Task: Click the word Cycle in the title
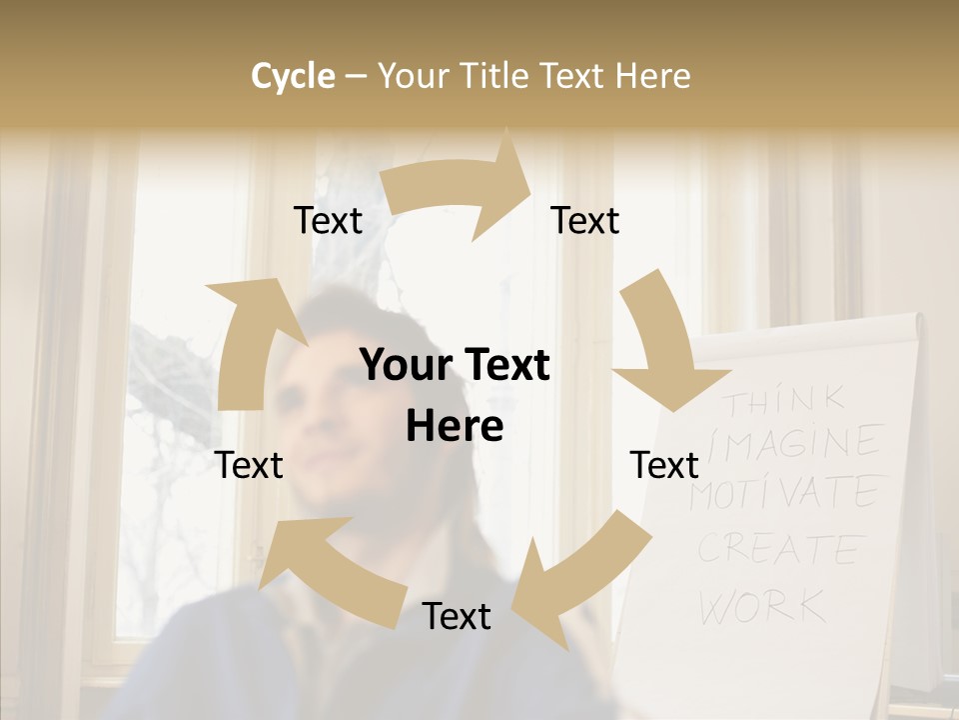pos(293,76)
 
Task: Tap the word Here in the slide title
pos(652,76)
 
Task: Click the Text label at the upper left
pos(328,221)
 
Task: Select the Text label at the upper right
pos(585,221)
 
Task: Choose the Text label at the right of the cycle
pos(664,465)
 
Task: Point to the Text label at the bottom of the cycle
pos(457,616)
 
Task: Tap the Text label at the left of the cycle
pos(250,465)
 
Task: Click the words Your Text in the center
pos(455,366)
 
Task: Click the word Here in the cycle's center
pos(455,427)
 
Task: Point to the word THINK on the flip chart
pos(785,402)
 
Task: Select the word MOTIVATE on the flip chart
pos(784,493)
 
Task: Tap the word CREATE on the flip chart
pos(779,548)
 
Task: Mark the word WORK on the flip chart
pos(763,606)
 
